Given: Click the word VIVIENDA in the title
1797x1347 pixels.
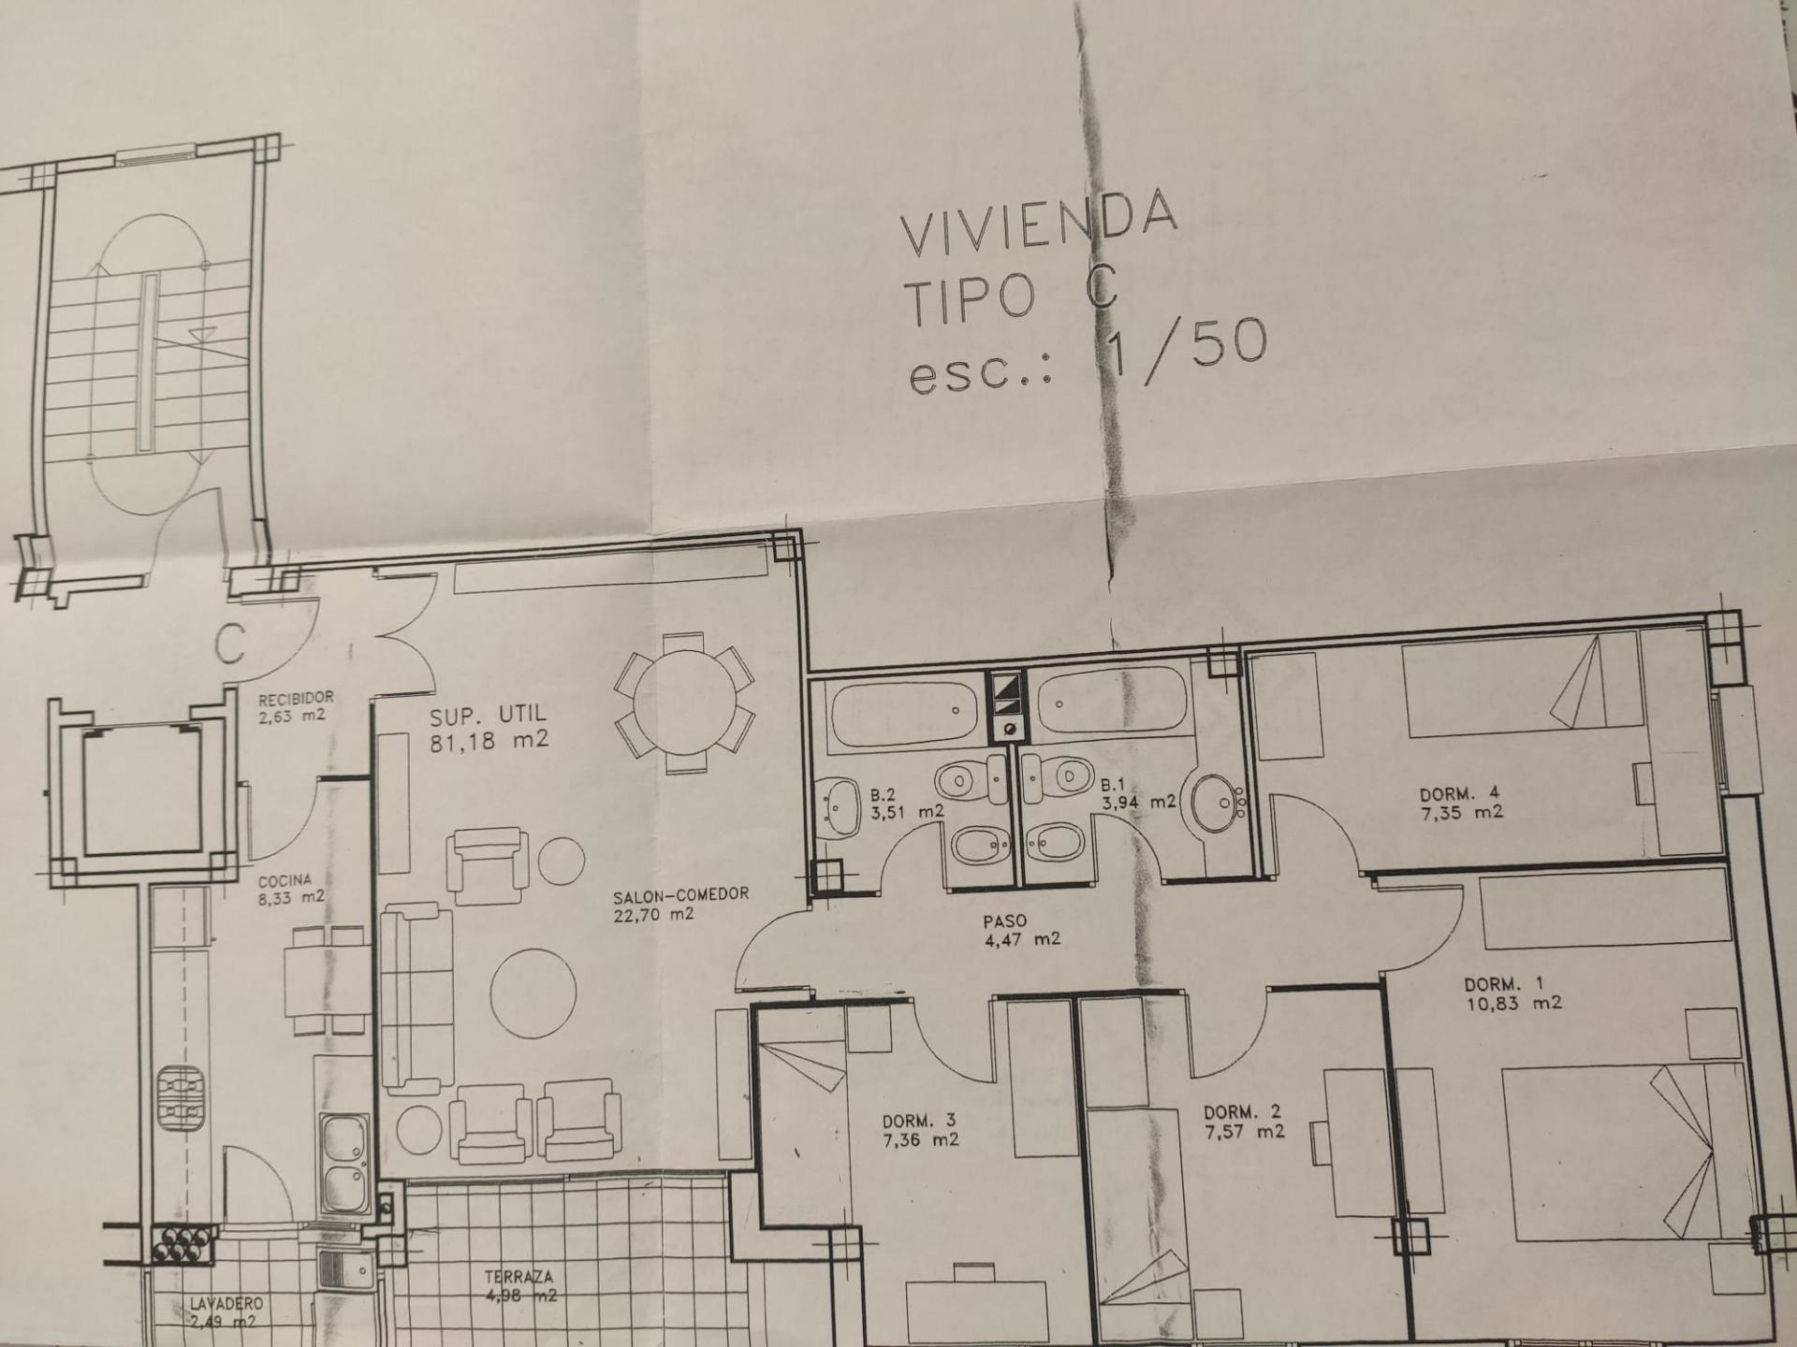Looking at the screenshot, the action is pyautogui.click(x=1037, y=223).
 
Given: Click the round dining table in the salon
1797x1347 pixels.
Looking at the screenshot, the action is pyautogui.click(x=684, y=702).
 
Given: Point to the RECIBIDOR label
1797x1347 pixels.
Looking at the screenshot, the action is pyautogui.click(x=296, y=698).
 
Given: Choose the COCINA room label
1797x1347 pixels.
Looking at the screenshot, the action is pyautogui.click(x=285, y=880).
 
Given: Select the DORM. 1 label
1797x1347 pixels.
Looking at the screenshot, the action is pyautogui.click(x=1504, y=984).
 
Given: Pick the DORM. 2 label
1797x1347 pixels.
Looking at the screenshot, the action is pyautogui.click(x=1243, y=1112).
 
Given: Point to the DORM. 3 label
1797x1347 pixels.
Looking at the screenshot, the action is pyautogui.click(x=920, y=1121).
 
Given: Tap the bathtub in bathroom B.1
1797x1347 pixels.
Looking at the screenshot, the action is pyautogui.click(x=1112, y=701).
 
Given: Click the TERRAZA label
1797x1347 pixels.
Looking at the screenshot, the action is pyautogui.click(x=519, y=1277).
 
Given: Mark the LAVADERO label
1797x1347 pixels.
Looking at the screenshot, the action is pyautogui.click(x=226, y=1303).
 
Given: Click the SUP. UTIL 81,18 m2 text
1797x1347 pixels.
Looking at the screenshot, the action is pyautogui.click(x=489, y=730).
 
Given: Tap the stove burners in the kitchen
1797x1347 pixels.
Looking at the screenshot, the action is pyautogui.click(x=179, y=1099).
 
